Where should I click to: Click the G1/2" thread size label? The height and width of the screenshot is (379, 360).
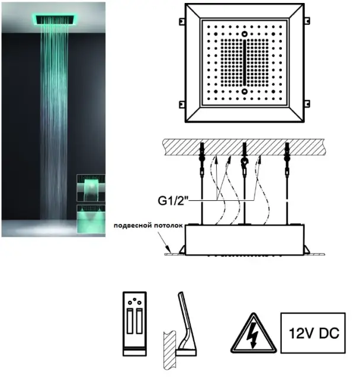173,200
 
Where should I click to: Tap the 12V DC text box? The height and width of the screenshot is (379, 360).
313,333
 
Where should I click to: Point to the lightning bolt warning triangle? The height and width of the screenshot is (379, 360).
253,333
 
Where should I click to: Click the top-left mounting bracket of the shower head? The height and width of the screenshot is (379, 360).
182,21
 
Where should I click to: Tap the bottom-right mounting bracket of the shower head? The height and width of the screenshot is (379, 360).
307,104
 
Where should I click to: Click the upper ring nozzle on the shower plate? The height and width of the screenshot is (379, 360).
245,34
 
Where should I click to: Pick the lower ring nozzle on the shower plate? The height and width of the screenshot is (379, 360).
245,91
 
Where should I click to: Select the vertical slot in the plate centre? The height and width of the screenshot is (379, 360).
245,62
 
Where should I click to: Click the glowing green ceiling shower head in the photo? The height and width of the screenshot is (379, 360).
54,20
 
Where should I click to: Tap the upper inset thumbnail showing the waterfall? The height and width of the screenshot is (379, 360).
91,188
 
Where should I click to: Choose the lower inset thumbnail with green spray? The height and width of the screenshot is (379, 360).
91,219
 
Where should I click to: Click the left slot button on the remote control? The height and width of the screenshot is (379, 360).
130,321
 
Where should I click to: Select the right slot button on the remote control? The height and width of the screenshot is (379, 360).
139,321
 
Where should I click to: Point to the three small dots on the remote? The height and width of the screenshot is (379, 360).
134,301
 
